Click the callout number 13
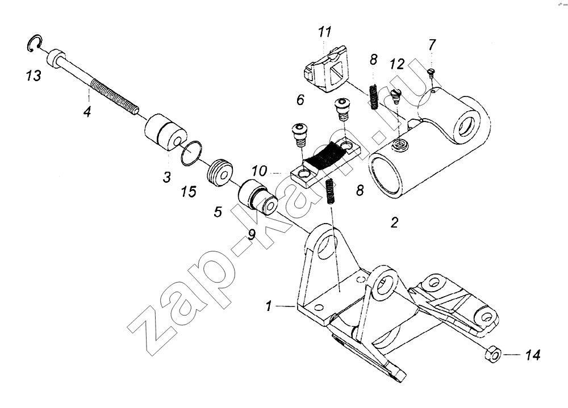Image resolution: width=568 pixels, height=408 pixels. tap(34, 75)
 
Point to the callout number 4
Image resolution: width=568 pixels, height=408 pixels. tap(87, 111)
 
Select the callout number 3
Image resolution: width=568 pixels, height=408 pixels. tap(166, 177)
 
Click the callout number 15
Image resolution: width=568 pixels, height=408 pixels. tap(189, 191)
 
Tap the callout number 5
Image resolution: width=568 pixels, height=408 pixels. tap(218, 212)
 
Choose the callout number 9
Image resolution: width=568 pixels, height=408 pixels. tap(252, 234)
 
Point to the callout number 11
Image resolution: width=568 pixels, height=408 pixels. tap(324, 32)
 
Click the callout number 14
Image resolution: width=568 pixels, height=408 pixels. tap(533, 355)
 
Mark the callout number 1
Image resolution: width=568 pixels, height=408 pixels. tap(269, 306)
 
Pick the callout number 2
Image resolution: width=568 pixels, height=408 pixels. tap(395, 222)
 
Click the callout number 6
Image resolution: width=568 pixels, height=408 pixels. tap(300, 99)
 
